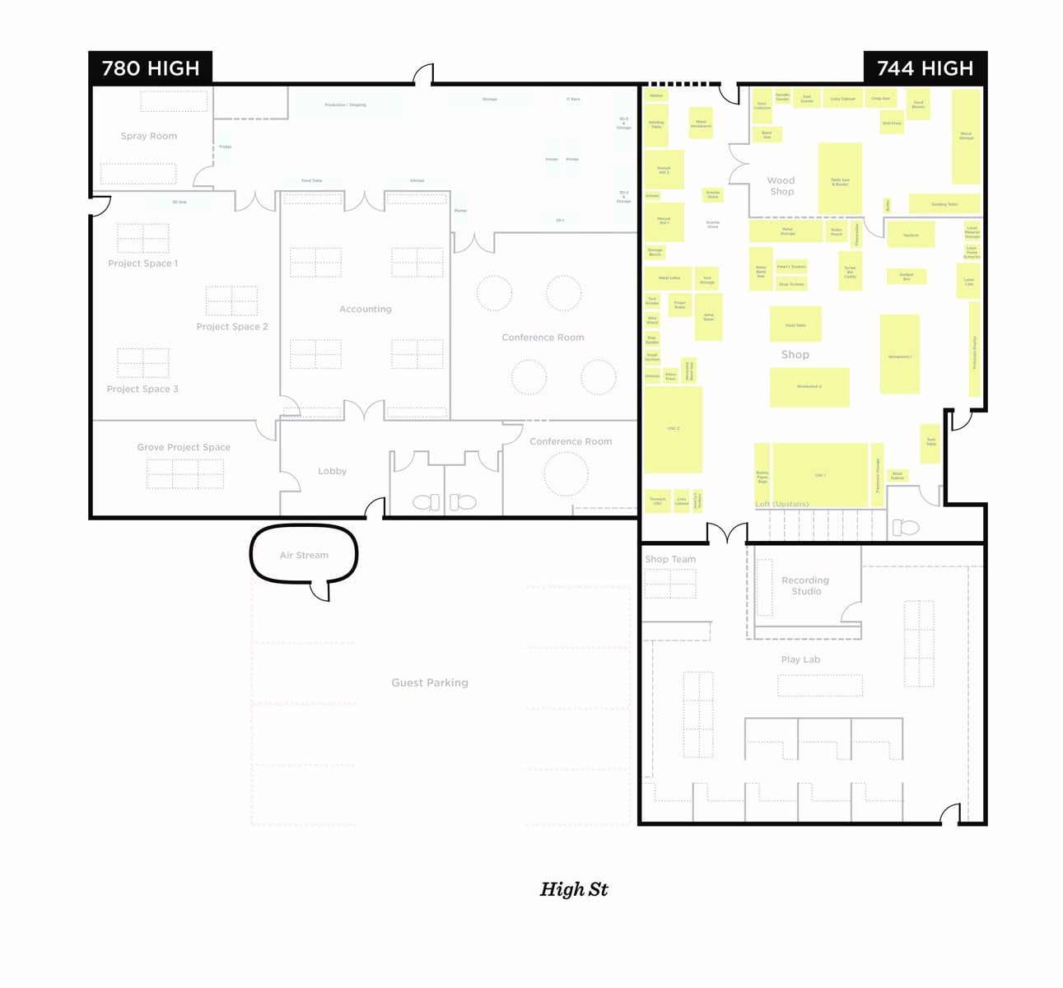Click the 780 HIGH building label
(x=151, y=68)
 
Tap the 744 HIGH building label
(x=925, y=68)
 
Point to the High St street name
(x=574, y=889)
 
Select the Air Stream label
(x=304, y=555)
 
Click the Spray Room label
(x=149, y=136)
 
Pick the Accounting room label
(x=366, y=309)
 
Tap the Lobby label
(x=332, y=471)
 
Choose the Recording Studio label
(x=805, y=585)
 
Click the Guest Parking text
(x=430, y=683)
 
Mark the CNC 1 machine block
(x=820, y=475)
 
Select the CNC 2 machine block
(x=673, y=429)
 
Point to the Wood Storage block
(x=966, y=136)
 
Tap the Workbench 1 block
(x=900, y=354)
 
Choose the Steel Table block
(x=795, y=324)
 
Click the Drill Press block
(x=892, y=123)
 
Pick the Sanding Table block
(x=944, y=203)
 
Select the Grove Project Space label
(x=184, y=447)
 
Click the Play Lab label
(x=800, y=659)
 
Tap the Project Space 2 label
(x=232, y=326)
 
